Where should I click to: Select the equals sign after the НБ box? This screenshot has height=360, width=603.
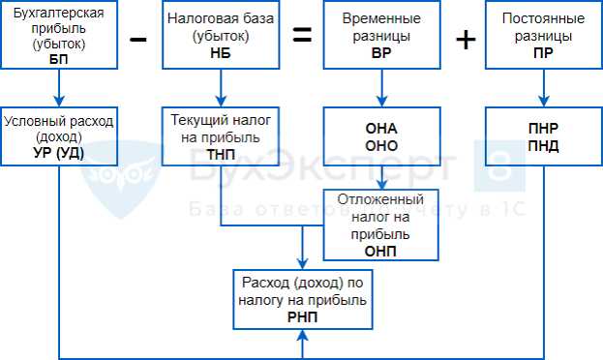coord(302,37)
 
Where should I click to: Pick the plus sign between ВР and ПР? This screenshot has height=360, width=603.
coord(465,39)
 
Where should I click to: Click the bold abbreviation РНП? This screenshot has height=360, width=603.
coord(302,317)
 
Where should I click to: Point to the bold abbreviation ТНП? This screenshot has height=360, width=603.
coord(223,153)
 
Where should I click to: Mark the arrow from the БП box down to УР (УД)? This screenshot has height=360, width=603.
coord(59,90)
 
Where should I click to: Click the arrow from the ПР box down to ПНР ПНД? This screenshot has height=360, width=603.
coord(544,90)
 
